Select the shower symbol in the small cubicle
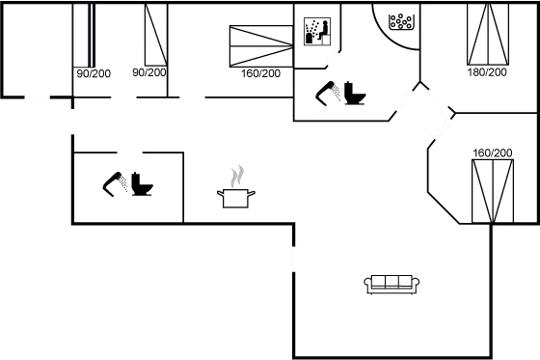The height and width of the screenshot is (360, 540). (316, 31)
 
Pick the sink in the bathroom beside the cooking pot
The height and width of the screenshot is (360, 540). (116, 183)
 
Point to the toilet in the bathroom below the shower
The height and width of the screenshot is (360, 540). (354, 95)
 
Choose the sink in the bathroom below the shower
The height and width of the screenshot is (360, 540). (326, 94)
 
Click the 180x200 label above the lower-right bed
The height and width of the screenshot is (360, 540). (492, 152)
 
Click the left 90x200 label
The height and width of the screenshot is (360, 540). (94, 72)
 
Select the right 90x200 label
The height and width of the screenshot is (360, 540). (149, 72)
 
